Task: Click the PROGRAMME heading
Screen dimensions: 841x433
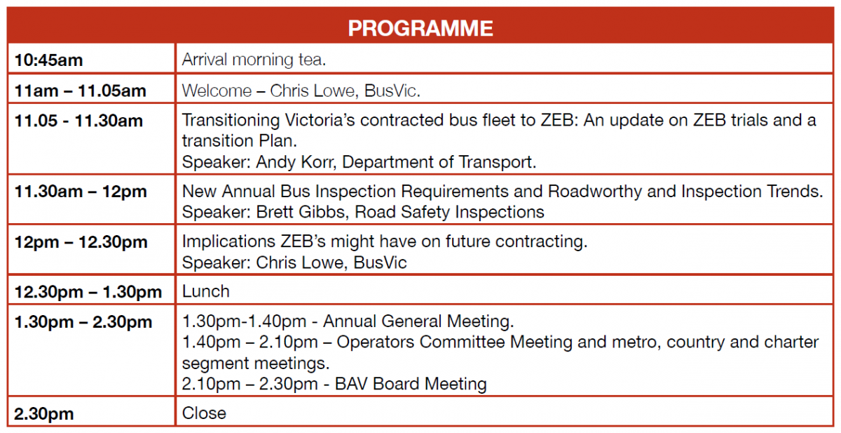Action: tap(420, 28)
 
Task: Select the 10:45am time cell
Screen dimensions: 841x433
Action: tap(48, 60)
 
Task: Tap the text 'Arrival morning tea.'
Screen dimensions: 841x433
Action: tap(254, 60)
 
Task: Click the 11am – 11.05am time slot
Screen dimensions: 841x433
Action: tap(80, 91)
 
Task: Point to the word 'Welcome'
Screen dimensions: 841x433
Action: tap(217, 91)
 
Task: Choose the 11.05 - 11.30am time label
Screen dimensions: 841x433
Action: tap(78, 121)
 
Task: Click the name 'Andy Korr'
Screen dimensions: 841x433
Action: tap(295, 162)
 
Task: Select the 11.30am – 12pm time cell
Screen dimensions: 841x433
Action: tap(81, 192)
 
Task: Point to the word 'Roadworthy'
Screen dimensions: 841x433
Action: tap(595, 192)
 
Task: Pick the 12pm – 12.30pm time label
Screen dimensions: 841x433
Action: tap(81, 241)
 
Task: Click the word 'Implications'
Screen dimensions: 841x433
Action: tap(228, 241)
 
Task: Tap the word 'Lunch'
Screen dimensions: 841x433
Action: tap(206, 291)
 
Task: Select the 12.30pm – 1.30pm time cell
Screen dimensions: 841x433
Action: tap(88, 292)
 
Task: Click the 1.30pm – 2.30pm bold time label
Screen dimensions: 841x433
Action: tap(83, 322)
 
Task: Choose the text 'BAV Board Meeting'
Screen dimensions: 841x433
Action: tap(411, 384)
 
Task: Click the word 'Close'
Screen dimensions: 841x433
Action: tap(204, 413)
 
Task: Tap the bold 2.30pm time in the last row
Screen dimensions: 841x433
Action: tap(43, 414)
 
